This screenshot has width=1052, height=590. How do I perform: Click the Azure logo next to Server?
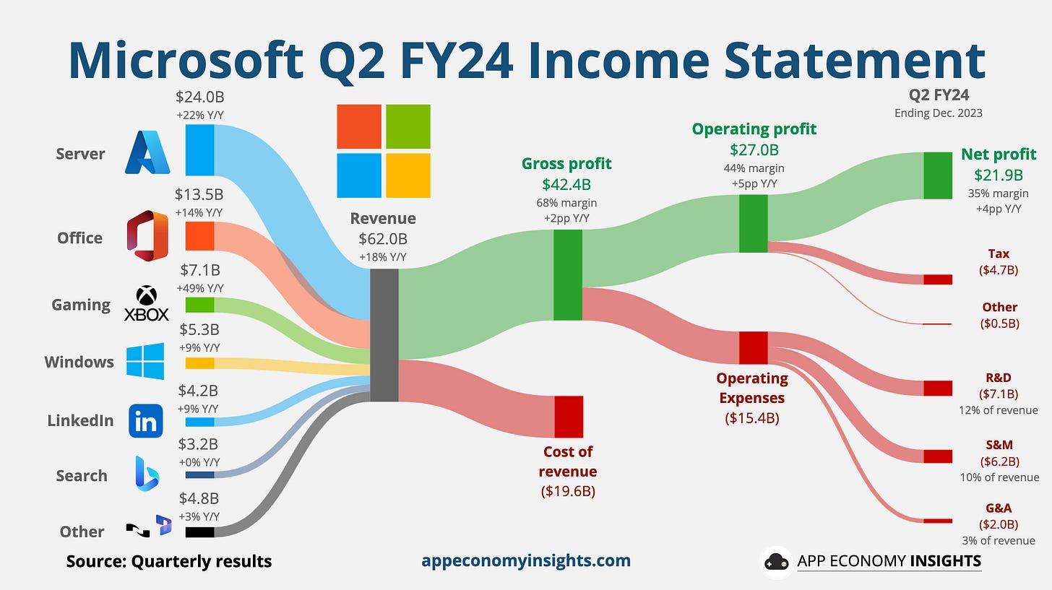(x=147, y=152)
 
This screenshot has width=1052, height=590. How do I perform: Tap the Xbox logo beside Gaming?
(x=147, y=304)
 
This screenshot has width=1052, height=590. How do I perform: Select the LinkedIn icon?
(x=145, y=420)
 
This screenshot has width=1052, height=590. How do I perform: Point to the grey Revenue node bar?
(x=384, y=335)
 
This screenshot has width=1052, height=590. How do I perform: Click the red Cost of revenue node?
(x=568, y=417)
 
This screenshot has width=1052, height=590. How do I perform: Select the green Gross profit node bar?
(x=568, y=274)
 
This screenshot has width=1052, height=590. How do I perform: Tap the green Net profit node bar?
(x=938, y=175)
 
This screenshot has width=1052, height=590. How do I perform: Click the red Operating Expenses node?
(x=753, y=348)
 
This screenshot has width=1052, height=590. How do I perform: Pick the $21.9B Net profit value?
(x=999, y=174)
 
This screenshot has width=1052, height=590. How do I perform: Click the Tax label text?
(x=999, y=253)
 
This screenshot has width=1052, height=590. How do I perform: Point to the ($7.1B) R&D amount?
(x=999, y=394)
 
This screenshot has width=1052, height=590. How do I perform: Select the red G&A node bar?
(x=938, y=521)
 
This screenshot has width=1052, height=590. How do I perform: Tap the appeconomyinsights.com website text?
(x=525, y=560)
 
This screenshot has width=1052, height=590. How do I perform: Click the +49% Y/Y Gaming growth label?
(x=199, y=288)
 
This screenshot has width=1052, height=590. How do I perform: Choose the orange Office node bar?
(x=199, y=236)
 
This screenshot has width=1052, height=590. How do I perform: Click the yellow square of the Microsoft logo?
(x=408, y=175)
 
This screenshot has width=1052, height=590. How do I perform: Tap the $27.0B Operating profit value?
(x=754, y=150)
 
